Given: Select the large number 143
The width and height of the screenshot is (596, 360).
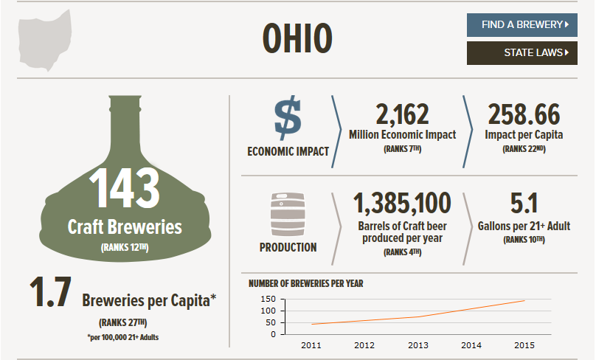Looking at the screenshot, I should point(125,189).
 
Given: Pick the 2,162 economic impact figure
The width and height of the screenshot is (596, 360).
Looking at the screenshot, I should point(402,115).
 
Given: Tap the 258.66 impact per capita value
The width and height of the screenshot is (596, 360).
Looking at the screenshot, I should point(524,115).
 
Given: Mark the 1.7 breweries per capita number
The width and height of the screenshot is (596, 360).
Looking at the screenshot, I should point(50,293).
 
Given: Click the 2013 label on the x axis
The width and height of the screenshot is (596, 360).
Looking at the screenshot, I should point(417,345).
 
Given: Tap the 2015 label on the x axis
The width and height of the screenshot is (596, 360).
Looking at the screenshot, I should point(524,345).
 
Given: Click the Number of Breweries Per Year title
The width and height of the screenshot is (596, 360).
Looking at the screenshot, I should point(306,283).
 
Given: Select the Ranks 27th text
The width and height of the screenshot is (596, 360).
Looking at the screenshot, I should point(124,322).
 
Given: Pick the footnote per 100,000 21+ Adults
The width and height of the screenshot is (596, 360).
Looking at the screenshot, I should point(124,337).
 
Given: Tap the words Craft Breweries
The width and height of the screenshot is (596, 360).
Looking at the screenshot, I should point(125,226).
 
